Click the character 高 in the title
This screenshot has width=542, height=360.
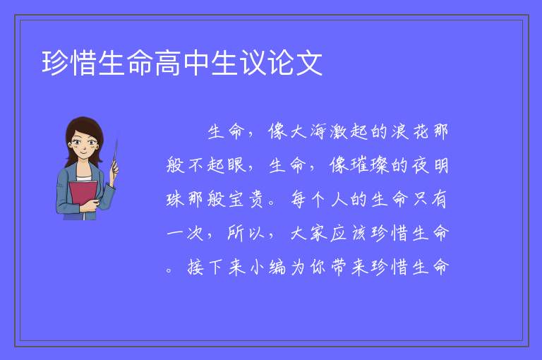tap(168, 63)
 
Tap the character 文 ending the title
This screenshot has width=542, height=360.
tap(308, 63)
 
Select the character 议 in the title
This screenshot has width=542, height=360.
tap(253, 63)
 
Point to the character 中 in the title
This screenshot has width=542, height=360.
tap(195, 63)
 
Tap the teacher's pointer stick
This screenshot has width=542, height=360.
tap(115, 155)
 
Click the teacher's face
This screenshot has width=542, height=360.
tap(84, 143)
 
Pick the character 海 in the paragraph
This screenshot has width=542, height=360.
tap(318, 131)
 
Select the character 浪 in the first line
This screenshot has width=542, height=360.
tap(400, 131)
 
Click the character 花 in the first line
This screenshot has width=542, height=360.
tap(421, 131)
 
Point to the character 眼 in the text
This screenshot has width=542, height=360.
tap(237, 165)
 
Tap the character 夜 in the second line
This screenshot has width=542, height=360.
tap(421, 165)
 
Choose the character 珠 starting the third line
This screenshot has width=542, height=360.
tap(175, 199)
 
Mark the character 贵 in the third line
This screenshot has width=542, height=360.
tap(257, 199)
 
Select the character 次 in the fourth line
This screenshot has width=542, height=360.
tap(195, 233)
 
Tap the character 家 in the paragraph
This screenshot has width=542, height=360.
tap(318, 233)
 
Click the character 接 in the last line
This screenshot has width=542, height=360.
tap(195, 267)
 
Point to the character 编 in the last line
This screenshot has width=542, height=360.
tap(277, 267)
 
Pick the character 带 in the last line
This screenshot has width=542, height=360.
tap(339, 267)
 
